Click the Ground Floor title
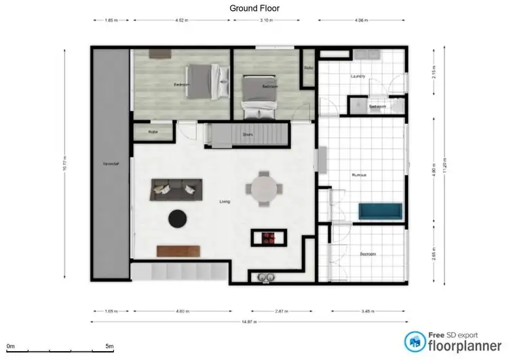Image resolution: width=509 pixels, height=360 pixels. point(254,8)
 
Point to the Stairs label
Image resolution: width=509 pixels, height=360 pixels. point(248,134)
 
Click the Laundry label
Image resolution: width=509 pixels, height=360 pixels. point(358,77)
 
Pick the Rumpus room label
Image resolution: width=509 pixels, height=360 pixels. point(360,175)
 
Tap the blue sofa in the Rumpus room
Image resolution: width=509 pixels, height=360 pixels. point(381,212)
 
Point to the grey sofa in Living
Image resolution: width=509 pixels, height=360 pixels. point(176,189)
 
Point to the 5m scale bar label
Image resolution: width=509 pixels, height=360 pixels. point(109,346)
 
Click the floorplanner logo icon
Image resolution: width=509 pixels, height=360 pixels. point(414,342)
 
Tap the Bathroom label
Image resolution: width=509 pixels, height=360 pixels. point(377,107)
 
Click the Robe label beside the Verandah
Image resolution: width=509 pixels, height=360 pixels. point(153,132)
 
